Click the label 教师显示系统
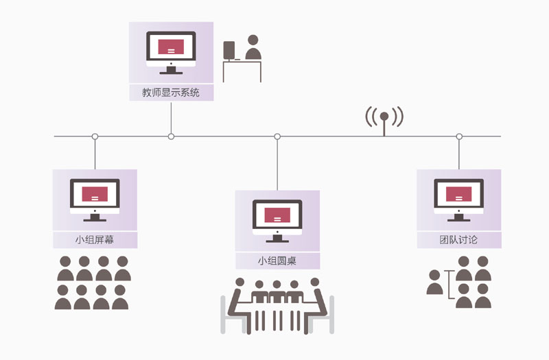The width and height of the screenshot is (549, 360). [x=171, y=92]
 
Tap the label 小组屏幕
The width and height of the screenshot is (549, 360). [x=95, y=239]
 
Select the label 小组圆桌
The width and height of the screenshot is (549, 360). [x=277, y=261]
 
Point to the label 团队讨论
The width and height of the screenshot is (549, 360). [x=458, y=239]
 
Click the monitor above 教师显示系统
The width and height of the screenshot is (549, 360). [x=171, y=52]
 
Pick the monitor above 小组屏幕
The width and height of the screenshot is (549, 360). [x=95, y=200]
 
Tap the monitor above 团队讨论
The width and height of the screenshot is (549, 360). [x=458, y=200]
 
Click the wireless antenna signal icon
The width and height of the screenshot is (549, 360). [x=384, y=120]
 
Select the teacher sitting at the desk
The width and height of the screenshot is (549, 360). [x=253, y=49]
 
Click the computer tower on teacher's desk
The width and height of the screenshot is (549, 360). [x=229, y=50]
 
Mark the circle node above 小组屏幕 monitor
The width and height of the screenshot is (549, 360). [x=95, y=136]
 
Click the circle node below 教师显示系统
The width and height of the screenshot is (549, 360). [x=171, y=136]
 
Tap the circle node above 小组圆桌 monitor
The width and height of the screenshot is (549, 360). [x=277, y=136]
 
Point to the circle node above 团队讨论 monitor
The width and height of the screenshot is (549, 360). [x=459, y=136]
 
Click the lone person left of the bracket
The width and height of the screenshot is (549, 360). [x=434, y=283]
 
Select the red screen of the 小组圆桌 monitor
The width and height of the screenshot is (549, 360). [x=277, y=215]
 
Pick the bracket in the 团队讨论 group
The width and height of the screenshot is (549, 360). [x=450, y=285]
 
